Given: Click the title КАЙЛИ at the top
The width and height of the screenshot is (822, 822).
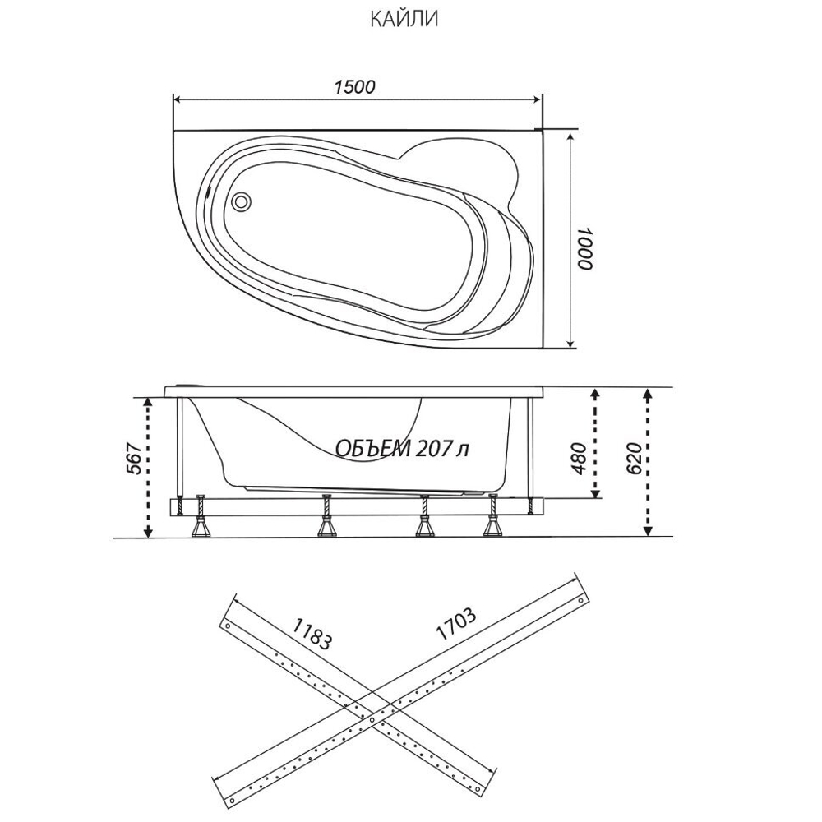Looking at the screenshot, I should pyautogui.click(x=403, y=19).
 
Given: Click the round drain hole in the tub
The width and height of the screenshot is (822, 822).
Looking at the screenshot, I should pyautogui.click(x=242, y=200).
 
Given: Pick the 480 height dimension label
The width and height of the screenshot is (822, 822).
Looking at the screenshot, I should pyautogui.click(x=578, y=459).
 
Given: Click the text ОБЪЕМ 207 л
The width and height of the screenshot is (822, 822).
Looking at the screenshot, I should pyautogui.click(x=402, y=448).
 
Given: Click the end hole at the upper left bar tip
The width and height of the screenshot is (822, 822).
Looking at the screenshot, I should pyautogui.click(x=224, y=625).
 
